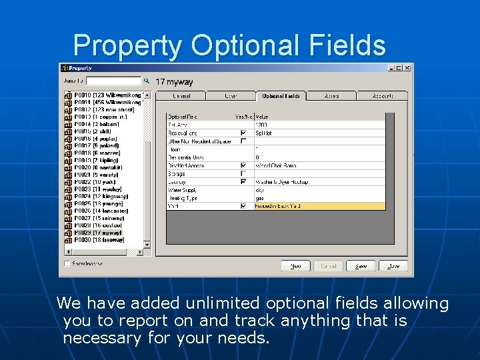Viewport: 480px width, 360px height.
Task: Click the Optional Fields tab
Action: [281, 96]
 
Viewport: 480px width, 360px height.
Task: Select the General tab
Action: [181, 96]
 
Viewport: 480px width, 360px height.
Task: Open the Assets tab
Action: [331, 96]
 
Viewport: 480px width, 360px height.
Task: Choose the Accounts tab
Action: [382, 96]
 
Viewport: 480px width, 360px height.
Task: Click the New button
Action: [295, 265]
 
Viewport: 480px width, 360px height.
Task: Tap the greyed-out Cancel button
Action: [328, 265]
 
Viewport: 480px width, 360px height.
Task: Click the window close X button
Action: [407, 68]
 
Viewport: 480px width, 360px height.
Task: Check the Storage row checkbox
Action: [243, 173]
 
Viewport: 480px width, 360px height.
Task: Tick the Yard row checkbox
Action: [243, 206]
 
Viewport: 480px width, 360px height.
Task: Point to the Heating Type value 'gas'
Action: [260, 198]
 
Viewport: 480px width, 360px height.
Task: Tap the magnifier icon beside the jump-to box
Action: [147, 81]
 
